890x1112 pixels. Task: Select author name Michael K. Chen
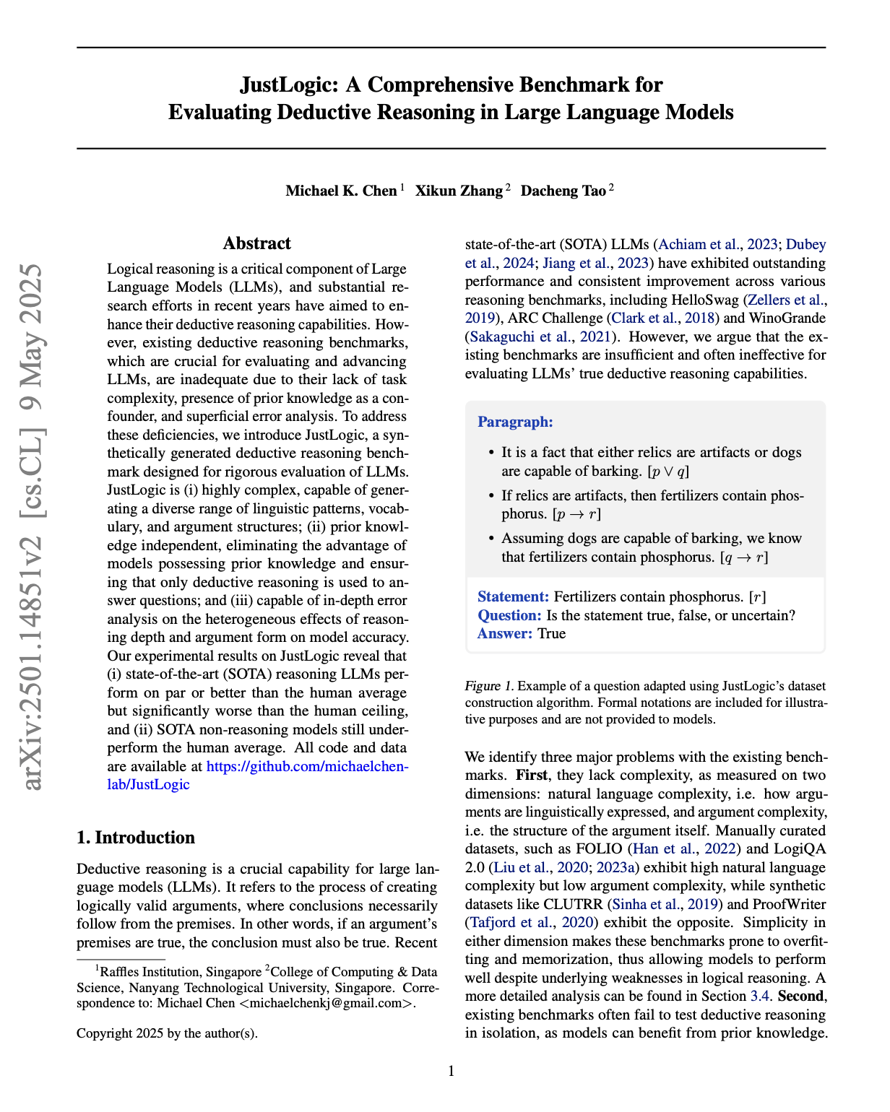[341, 191]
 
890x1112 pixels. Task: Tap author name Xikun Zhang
[459, 191]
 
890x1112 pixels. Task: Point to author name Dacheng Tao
[563, 191]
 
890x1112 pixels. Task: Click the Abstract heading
[257, 243]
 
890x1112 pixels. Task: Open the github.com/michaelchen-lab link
[307, 766]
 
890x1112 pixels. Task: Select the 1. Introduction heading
[136, 838]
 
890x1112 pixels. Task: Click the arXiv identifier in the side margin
[33, 527]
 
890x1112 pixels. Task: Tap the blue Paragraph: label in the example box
[515, 422]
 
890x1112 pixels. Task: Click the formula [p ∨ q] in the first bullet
[668, 472]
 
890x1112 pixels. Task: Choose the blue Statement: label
[514, 597]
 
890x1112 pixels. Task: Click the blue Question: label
[509, 615]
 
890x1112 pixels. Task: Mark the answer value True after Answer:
[552, 634]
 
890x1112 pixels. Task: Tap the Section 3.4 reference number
[760, 996]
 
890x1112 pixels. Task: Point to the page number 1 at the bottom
[452, 1071]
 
